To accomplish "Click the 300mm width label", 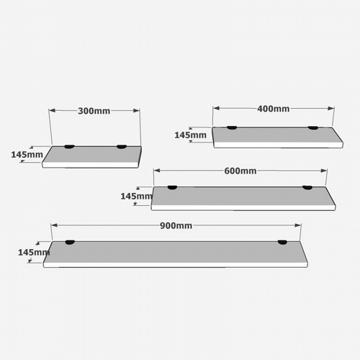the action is tap(94, 111).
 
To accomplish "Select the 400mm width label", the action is tap(274, 109).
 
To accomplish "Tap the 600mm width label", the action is tap(240, 171).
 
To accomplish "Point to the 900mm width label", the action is tap(176, 225).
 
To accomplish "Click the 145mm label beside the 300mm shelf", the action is tap(27, 155).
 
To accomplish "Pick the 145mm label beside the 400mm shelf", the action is tap(190, 135).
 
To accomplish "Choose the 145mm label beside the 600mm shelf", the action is tap(136, 197).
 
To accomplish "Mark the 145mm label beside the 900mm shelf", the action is tap(34, 252).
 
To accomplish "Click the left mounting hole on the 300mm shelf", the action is tap(69, 147).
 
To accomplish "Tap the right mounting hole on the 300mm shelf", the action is tap(122, 147).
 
